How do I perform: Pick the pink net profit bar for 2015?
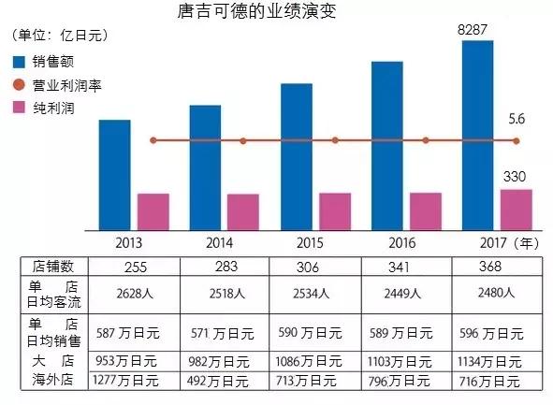click(334, 211)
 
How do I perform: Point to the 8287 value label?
click(475, 31)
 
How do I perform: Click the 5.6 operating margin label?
click(516, 119)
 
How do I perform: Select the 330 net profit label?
click(516, 177)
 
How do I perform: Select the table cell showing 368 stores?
click(496, 266)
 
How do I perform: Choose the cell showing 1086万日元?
click(315, 360)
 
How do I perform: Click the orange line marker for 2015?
click(334, 140)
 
